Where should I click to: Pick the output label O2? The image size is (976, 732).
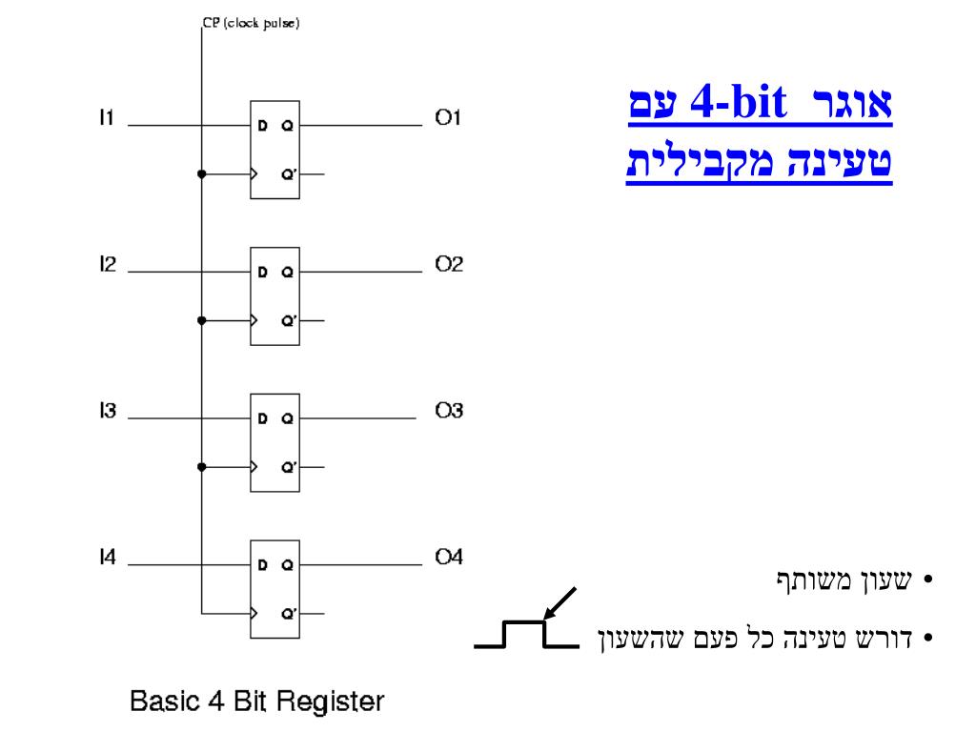pos(449,265)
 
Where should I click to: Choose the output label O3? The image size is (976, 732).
pos(449,412)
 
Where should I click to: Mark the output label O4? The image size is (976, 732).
pos(449,559)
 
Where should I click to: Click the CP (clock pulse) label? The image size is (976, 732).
pos(251,24)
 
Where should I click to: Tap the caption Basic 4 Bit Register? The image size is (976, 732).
pos(257,703)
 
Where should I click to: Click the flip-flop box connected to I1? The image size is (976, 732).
pos(274,149)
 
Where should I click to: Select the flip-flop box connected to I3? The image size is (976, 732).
pos(274,442)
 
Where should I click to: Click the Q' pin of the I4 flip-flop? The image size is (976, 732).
pos(287,615)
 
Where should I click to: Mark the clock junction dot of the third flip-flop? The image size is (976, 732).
pos(201,467)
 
